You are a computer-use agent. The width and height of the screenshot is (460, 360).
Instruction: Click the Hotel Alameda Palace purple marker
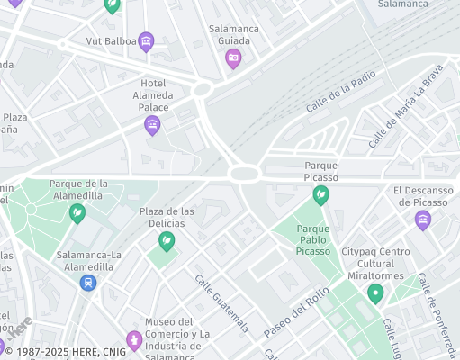(152, 125)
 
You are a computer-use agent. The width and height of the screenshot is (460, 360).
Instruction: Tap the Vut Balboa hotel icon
(146, 40)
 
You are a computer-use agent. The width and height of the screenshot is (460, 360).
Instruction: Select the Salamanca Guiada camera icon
(233, 58)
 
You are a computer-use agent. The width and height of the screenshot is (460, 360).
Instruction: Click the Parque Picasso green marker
(320, 194)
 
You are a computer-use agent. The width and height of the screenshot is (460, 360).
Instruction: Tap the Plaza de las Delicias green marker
(167, 240)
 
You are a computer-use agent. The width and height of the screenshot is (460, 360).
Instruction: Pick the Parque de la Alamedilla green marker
(78, 213)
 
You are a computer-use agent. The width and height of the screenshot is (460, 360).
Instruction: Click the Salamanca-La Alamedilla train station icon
(87, 282)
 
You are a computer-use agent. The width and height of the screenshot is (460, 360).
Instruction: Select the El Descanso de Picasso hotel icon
(422, 220)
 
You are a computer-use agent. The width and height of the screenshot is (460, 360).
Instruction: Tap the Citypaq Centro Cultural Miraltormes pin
(375, 292)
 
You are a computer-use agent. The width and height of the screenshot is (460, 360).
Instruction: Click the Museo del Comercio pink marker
(134, 339)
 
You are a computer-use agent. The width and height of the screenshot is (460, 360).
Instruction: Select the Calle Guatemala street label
(221, 301)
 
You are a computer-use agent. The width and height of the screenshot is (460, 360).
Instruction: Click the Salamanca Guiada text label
(234, 34)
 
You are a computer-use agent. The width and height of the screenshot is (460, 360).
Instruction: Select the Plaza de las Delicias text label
(167, 217)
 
